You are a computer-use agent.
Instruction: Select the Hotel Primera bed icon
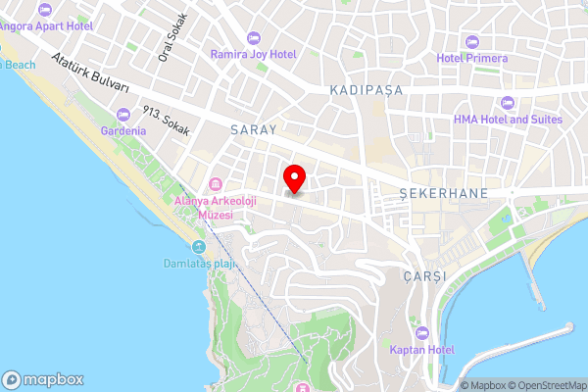[x=472, y=41]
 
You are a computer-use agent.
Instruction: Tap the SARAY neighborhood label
[x=254, y=128]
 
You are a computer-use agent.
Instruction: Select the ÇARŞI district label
[x=423, y=276]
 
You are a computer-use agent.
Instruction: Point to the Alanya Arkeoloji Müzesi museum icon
[x=215, y=184]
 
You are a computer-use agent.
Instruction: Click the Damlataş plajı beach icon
[x=199, y=247]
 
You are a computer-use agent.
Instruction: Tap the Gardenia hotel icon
[x=122, y=114]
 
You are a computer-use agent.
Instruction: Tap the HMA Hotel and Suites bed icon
[x=507, y=102]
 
